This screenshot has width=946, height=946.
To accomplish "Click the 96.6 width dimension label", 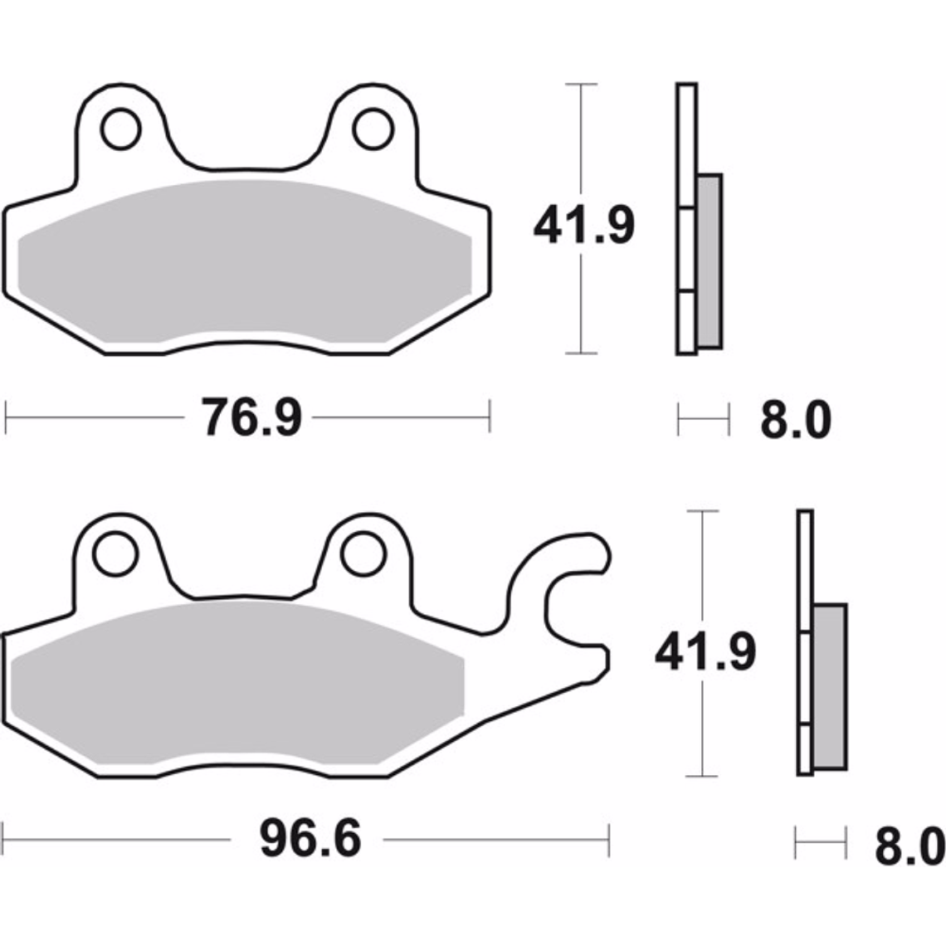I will pos(310,839).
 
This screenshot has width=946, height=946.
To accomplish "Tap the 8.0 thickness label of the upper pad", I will pos(795,421).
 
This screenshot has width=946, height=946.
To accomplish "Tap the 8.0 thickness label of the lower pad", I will pos(909,846).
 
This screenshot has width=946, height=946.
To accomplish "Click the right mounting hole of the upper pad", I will pos(373,129).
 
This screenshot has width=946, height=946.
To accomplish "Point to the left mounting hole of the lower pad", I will pos(115,553).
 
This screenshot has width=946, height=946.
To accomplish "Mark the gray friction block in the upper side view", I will pos(709,261).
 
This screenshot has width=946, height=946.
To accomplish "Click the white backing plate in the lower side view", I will pos(805,564).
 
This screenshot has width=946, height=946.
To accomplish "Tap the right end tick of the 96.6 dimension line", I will pos(609,840).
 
